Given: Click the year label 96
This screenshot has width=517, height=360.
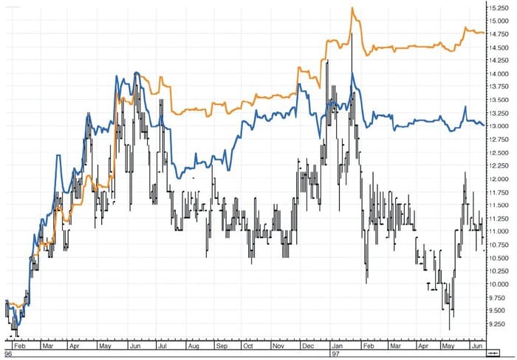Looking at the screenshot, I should click(x=8, y=354).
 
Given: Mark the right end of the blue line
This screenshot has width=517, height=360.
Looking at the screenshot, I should click(x=484, y=124).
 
